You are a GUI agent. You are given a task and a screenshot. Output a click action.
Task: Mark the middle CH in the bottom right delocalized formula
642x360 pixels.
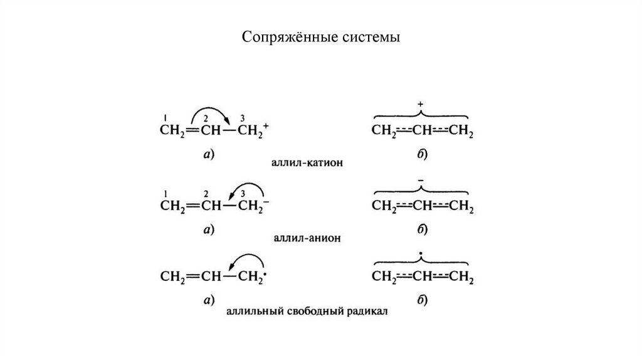tap(420, 276)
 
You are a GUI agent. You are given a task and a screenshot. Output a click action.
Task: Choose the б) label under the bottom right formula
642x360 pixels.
tap(421, 302)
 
